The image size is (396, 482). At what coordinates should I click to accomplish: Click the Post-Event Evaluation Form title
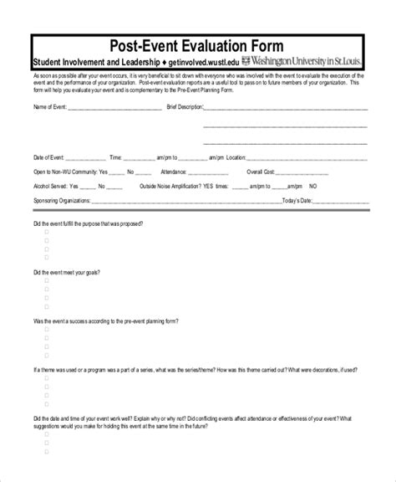[x=197, y=44]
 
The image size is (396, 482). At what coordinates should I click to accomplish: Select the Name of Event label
[x=49, y=108]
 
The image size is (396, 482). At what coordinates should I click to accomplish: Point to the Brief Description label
[x=185, y=108]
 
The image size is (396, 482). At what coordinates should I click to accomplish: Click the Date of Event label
[x=48, y=156]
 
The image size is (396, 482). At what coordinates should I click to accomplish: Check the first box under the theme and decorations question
[x=46, y=382]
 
